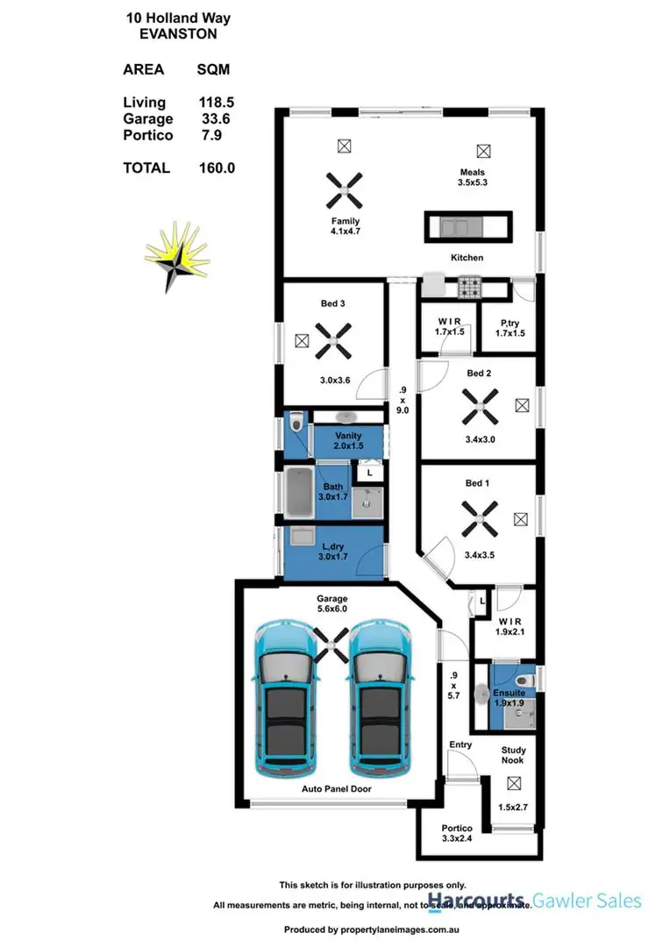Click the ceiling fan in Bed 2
(x=480, y=405)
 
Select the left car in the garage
(x=285, y=697)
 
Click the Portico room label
(x=457, y=828)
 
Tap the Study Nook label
(x=513, y=755)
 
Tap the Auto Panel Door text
(x=337, y=789)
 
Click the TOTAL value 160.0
(x=217, y=167)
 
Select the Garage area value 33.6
(x=215, y=119)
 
